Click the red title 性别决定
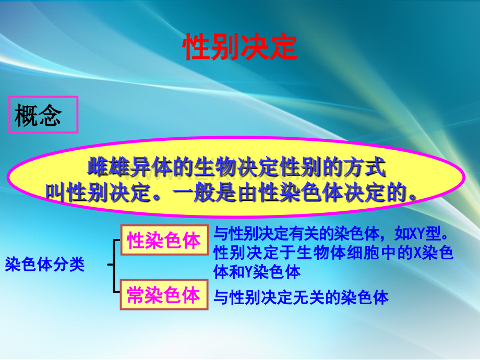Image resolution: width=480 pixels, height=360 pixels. pyautogui.click(x=240, y=47)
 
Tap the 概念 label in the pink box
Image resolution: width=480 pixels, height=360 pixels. pyautogui.click(x=38, y=115)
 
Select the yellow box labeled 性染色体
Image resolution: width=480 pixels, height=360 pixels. pyautogui.click(x=164, y=240)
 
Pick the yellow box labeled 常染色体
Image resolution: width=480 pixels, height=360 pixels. pyautogui.click(x=164, y=295)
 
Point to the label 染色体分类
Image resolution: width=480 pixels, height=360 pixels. pyautogui.click(x=44, y=264)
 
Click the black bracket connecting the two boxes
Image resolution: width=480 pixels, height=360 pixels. pyautogui.click(x=114, y=265)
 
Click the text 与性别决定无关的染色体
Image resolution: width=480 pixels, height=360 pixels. pyautogui.click(x=301, y=297)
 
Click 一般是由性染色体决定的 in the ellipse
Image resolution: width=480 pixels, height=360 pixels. pyautogui.click(x=295, y=193)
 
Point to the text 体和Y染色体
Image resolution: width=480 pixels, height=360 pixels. pyautogui.click(x=257, y=272)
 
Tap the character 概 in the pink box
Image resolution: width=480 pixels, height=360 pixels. pyautogui.click(x=26, y=115)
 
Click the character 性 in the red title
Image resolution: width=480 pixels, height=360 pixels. pyautogui.click(x=197, y=47)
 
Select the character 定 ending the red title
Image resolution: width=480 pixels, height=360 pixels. pyautogui.click(x=283, y=47)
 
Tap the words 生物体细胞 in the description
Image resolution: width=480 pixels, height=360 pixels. pyautogui.click(x=337, y=253)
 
